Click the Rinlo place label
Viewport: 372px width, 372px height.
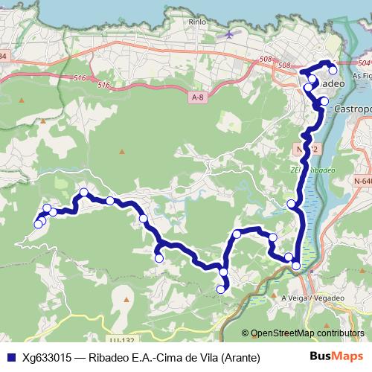(x=197, y=22)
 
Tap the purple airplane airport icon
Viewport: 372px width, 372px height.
(x=228, y=33)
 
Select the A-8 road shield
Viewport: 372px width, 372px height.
(x=197, y=97)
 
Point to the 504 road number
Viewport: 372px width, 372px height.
(x=363, y=65)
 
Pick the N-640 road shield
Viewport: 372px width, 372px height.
(x=363, y=180)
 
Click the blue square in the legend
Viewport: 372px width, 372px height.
(x=10, y=357)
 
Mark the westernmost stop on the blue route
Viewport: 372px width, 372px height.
(x=38, y=223)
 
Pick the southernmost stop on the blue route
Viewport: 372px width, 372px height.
(x=220, y=289)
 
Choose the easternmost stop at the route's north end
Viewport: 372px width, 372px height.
(x=333, y=71)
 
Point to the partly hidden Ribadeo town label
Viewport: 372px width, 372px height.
(x=330, y=85)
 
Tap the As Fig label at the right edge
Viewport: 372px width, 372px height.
(x=362, y=76)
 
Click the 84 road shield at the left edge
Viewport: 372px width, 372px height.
(x=3, y=57)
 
